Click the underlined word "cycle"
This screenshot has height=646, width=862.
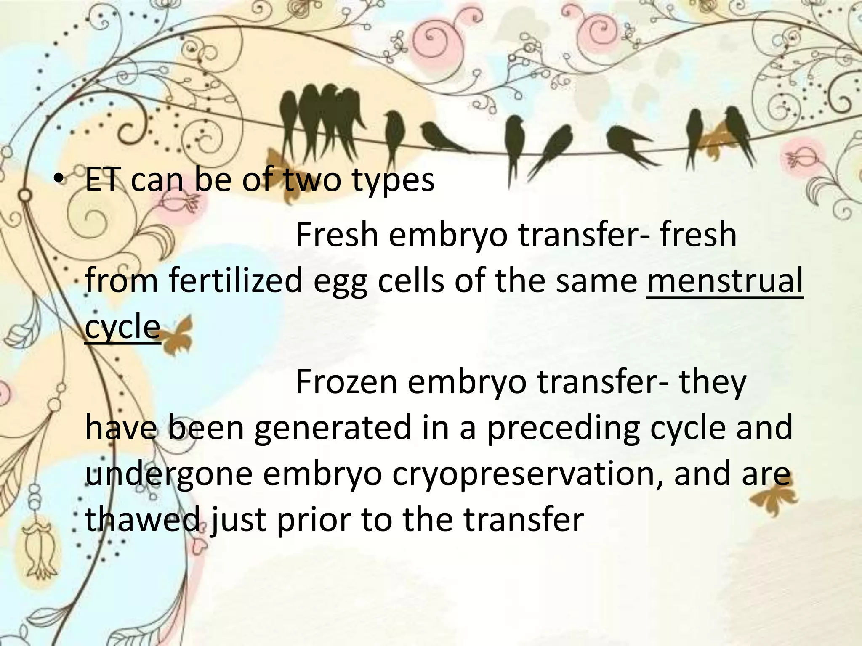122,327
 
